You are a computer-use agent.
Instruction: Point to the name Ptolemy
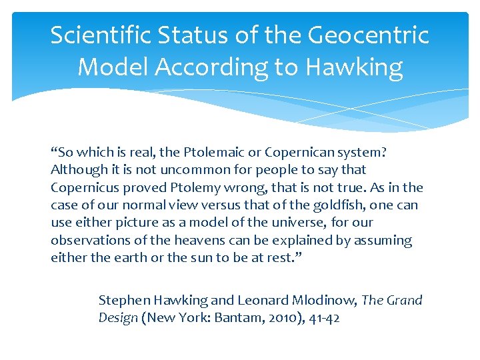tap(196, 187)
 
